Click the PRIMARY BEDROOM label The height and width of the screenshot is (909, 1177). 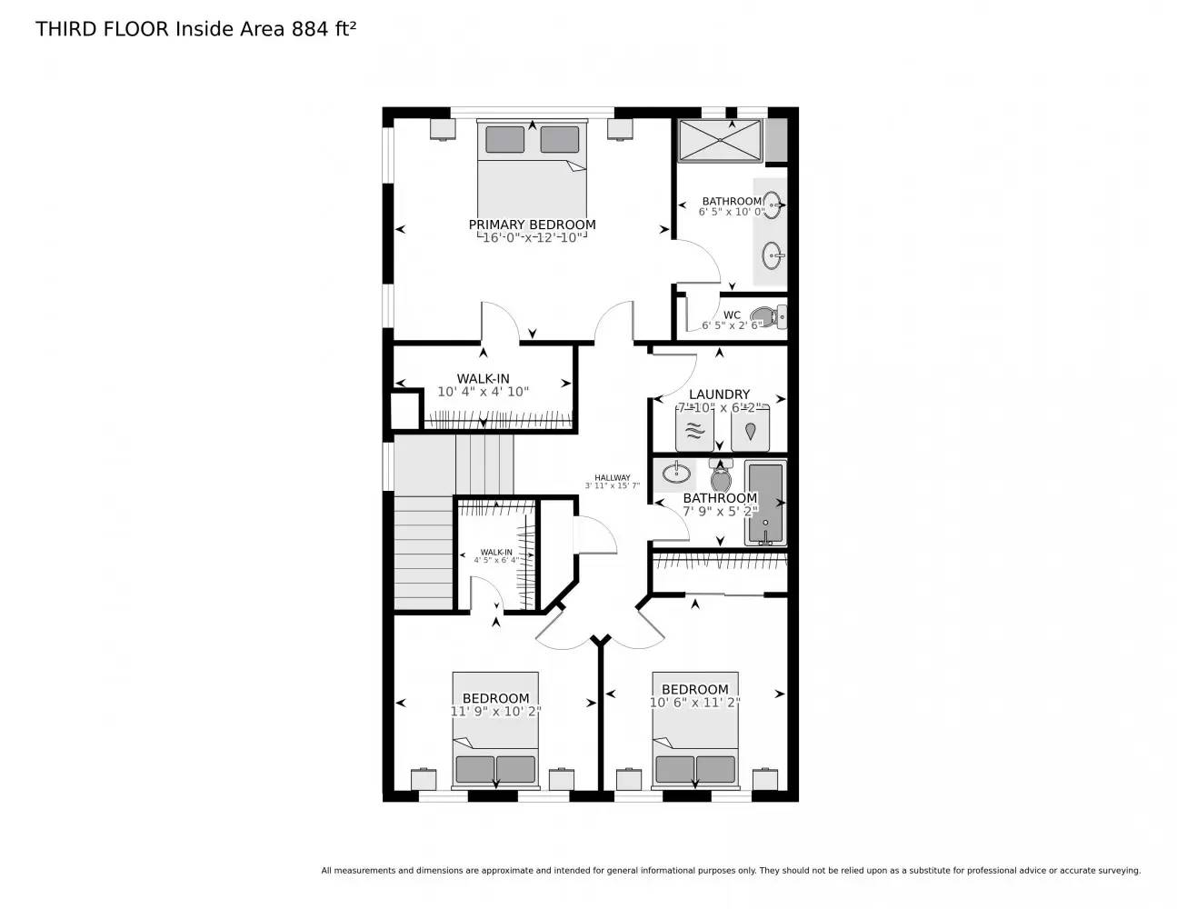click(532, 225)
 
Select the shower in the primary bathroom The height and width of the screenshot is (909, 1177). click(719, 141)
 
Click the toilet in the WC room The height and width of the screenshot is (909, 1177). click(766, 317)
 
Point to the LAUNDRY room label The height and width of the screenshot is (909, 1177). click(719, 395)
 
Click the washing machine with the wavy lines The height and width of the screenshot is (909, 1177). click(694, 431)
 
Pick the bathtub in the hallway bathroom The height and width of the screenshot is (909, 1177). click(765, 503)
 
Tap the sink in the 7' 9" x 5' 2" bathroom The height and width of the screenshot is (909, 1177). click(674, 473)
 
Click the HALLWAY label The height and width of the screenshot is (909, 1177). click(613, 477)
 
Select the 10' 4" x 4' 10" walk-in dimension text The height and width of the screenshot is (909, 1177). click(483, 392)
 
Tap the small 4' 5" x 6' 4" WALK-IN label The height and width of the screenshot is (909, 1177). click(495, 552)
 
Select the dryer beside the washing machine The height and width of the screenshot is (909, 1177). click(751, 431)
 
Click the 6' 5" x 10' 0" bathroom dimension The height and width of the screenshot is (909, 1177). click(732, 212)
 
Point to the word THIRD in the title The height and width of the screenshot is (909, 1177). click(66, 29)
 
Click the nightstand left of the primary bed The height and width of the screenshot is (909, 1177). click(443, 129)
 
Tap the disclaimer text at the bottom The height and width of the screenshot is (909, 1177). click(730, 871)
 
